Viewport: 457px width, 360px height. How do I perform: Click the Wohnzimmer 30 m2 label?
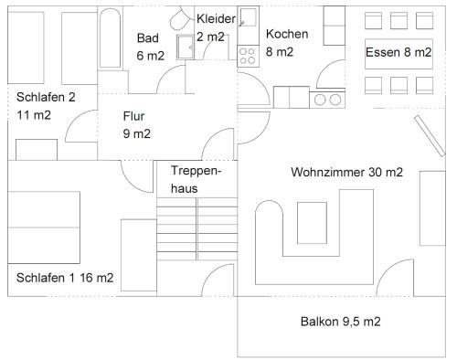(x=346, y=172)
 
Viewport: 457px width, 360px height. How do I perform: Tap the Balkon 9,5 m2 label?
(x=340, y=322)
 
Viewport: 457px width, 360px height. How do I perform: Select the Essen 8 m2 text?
(x=399, y=52)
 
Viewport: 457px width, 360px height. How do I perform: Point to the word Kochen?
(x=287, y=34)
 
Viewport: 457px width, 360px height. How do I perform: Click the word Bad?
(x=148, y=38)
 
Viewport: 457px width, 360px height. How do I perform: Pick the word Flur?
(x=133, y=116)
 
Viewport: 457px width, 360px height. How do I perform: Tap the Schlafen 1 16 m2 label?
(x=65, y=278)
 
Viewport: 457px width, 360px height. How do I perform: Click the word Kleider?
(x=216, y=19)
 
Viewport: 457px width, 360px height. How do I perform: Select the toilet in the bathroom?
(x=181, y=19)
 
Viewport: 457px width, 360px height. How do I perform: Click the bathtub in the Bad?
(x=110, y=38)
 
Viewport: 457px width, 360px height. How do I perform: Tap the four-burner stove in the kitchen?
(x=248, y=56)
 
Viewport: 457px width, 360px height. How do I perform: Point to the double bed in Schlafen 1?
(x=44, y=228)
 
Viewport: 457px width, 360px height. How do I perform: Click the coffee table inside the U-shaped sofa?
(x=312, y=223)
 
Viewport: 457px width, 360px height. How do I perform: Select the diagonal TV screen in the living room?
(x=430, y=136)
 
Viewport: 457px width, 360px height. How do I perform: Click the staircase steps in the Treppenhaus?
(x=197, y=229)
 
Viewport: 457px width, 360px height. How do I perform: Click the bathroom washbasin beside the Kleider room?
(x=185, y=47)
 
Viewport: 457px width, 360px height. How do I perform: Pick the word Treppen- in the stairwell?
(x=196, y=171)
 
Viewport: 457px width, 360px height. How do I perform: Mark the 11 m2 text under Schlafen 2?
(x=34, y=115)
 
